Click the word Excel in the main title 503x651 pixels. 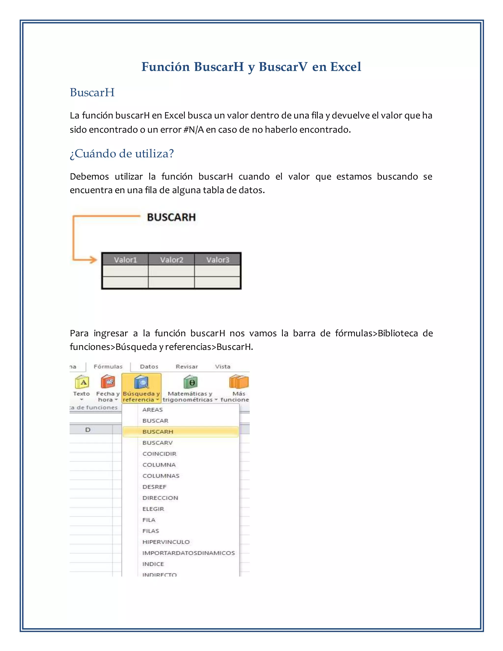(345, 67)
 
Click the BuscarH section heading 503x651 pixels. (92, 92)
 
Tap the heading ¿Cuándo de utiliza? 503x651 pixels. (122, 154)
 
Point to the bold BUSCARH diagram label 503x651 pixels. (171, 217)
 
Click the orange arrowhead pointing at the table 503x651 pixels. (93, 260)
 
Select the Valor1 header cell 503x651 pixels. (125, 260)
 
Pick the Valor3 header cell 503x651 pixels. (218, 260)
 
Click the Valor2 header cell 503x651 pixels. (171, 260)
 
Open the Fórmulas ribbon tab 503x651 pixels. (108, 367)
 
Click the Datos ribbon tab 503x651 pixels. (149, 367)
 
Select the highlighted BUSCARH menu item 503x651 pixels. (158, 432)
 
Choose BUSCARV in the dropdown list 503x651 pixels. (157, 443)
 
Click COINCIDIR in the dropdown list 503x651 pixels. (159, 454)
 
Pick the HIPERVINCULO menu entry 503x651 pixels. (166, 542)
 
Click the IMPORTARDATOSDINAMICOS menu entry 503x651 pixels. (188, 553)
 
